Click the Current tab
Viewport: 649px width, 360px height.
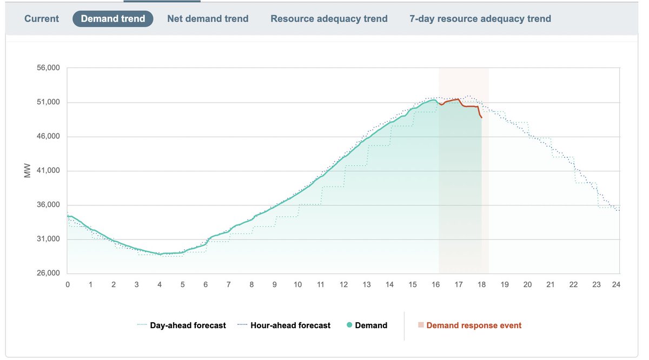[42, 19]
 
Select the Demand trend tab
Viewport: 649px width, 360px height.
[113, 19]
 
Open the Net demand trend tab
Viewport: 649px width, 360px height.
[208, 19]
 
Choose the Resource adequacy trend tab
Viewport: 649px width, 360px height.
[329, 19]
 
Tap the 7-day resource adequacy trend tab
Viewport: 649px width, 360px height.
[480, 19]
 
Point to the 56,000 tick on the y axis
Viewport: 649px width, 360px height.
[48, 68]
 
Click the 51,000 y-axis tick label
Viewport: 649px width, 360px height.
[48, 103]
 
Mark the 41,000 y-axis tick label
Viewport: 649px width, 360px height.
[48, 171]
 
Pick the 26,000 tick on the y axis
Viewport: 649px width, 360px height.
[48, 274]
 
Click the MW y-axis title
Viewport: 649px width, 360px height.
[29, 171]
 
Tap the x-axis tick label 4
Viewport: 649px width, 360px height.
[160, 284]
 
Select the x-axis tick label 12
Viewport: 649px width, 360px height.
[343, 284]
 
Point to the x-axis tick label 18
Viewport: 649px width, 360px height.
[481, 284]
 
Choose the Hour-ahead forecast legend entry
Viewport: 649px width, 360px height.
[290, 325]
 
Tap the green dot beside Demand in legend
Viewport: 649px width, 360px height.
[349, 325]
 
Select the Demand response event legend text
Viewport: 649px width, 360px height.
[474, 325]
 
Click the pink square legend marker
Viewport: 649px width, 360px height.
[420, 325]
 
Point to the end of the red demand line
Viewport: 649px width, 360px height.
[481, 117]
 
